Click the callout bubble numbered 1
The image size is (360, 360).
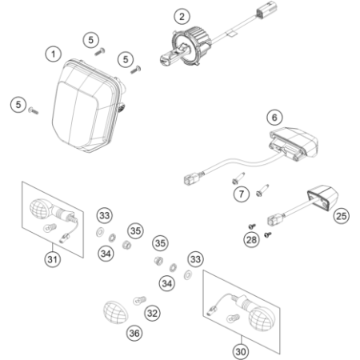pos(54,54)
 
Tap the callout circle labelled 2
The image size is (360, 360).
pos(182,17)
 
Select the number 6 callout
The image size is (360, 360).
pos(274,118)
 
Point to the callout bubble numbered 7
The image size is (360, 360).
pos(242,194)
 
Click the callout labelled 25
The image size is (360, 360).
pos(342,216)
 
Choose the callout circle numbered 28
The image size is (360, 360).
pos(251,240)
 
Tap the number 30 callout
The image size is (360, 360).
pos(241,352)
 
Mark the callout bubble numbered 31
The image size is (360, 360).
pos(53,259)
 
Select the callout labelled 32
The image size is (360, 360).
pos(152,313)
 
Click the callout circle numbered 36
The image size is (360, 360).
pos(134,333)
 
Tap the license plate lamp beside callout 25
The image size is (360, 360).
pos(322,198)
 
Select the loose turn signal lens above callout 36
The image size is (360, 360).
pos(115,312)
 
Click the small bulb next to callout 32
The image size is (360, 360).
pos(139,301)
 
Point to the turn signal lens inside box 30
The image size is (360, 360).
pos(262,318)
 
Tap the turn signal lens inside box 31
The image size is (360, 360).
pos(40,207)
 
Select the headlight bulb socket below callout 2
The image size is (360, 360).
pos(186,48)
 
